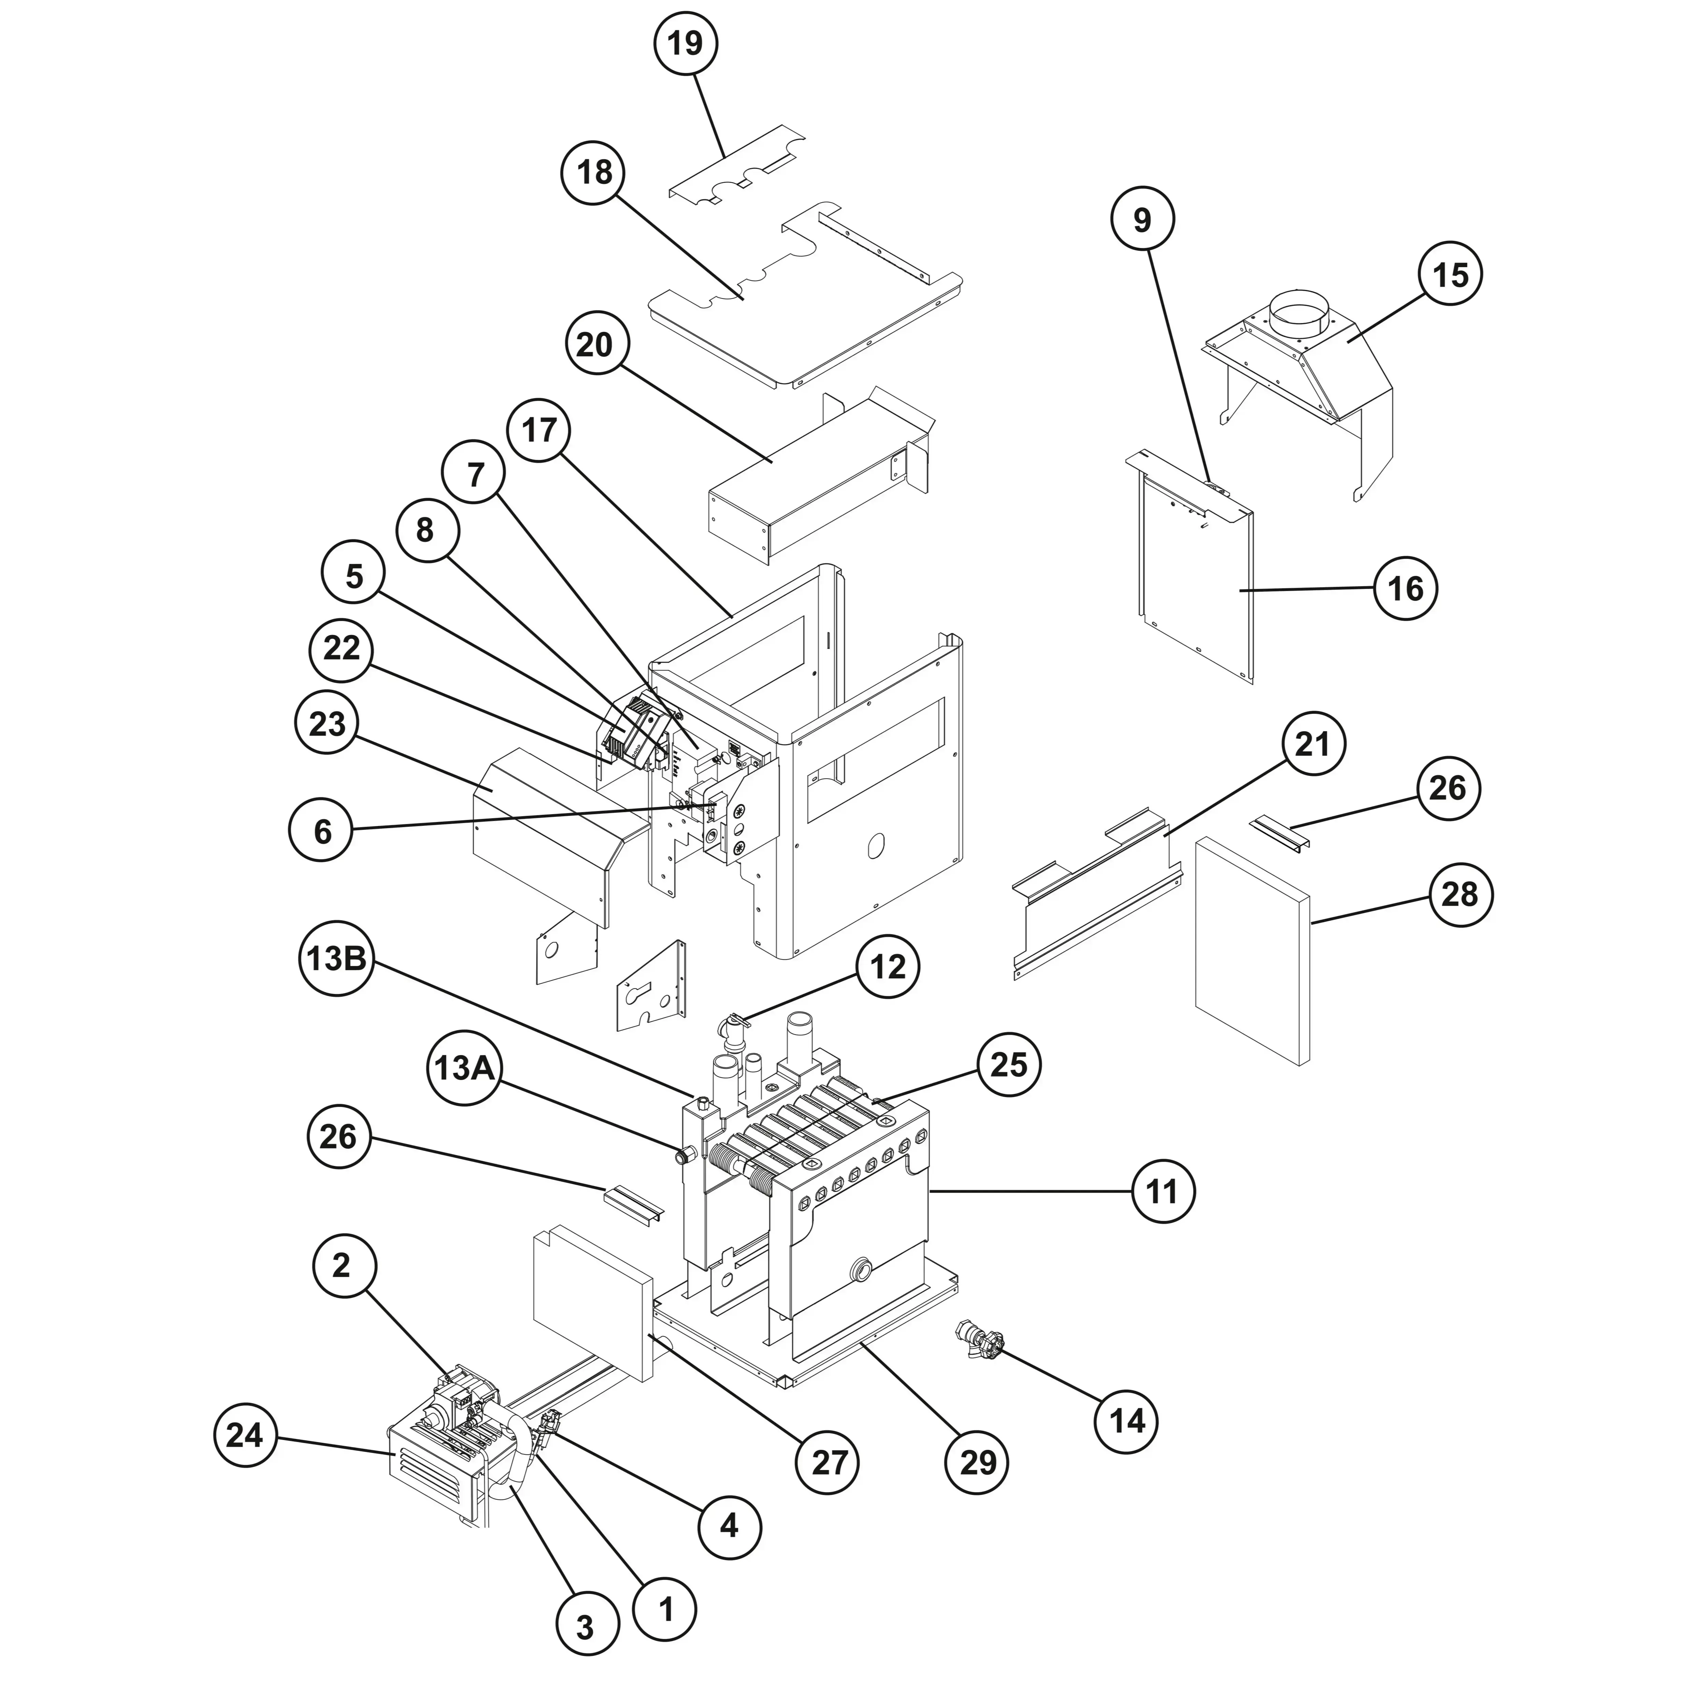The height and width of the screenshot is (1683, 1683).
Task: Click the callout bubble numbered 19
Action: [686, 43]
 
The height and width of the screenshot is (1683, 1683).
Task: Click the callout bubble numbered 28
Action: [1460, 895]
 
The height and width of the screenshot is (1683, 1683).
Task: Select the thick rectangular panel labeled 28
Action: [1251, 950]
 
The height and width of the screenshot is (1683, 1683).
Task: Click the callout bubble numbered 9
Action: [1142, 220]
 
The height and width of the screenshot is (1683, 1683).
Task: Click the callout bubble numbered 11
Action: [1162, 1191]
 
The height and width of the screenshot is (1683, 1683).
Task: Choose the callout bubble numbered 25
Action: [1009, 1064]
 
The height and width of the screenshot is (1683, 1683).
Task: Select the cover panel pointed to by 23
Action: [540, 828]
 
